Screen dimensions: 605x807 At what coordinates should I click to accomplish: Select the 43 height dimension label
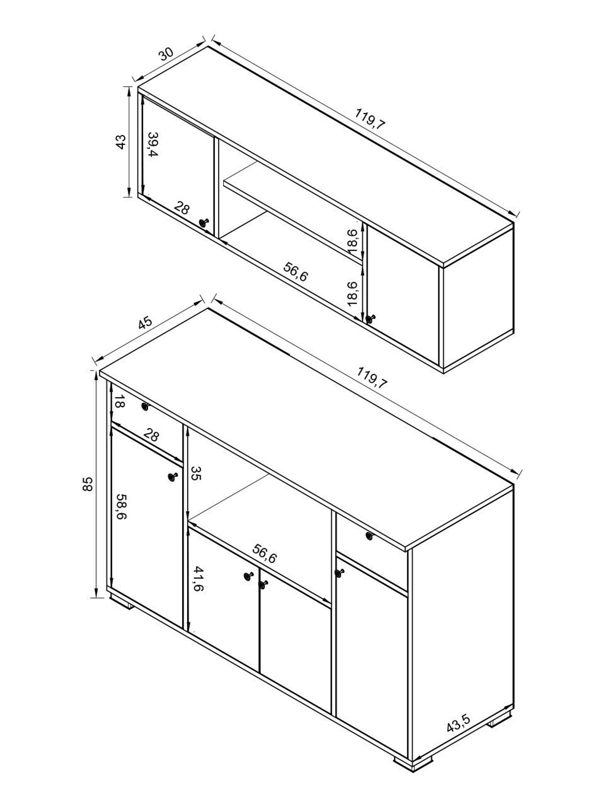(121, 142)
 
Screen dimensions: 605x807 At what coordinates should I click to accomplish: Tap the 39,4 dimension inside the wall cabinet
(153, 144)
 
